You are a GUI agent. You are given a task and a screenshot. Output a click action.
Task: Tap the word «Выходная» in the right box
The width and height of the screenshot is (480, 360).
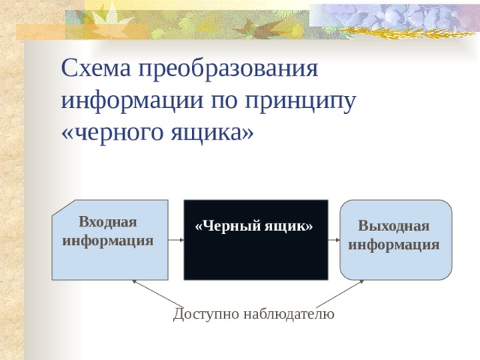pyautogui.click(x=394, y=226)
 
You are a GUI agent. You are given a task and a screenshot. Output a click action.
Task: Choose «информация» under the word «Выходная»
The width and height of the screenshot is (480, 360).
pyautogui.click(x=394, y=244)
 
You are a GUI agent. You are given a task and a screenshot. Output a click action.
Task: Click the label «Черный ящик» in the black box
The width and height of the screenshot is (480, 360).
pyautogui.click(x=254, y=226)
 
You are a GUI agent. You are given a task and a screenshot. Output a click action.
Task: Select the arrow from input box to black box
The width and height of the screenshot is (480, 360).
pyautogui.click(x=176, y=241)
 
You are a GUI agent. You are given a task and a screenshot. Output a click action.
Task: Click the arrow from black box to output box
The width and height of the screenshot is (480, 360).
pyautogui.click(x=334, y=241)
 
